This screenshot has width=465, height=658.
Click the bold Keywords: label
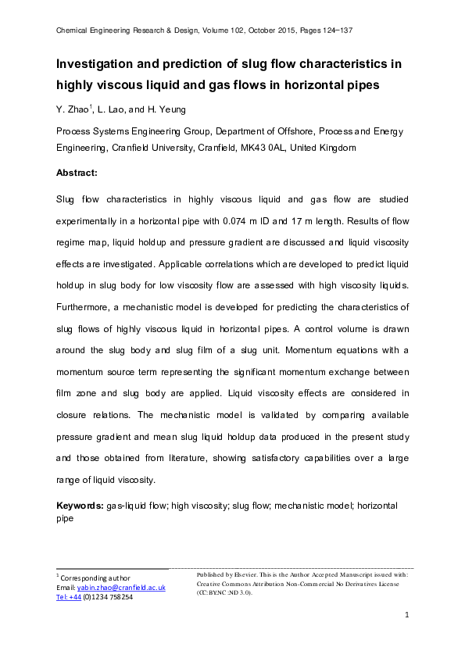tap(80, 506)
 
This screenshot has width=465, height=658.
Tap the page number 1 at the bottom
tap(407, 617)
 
